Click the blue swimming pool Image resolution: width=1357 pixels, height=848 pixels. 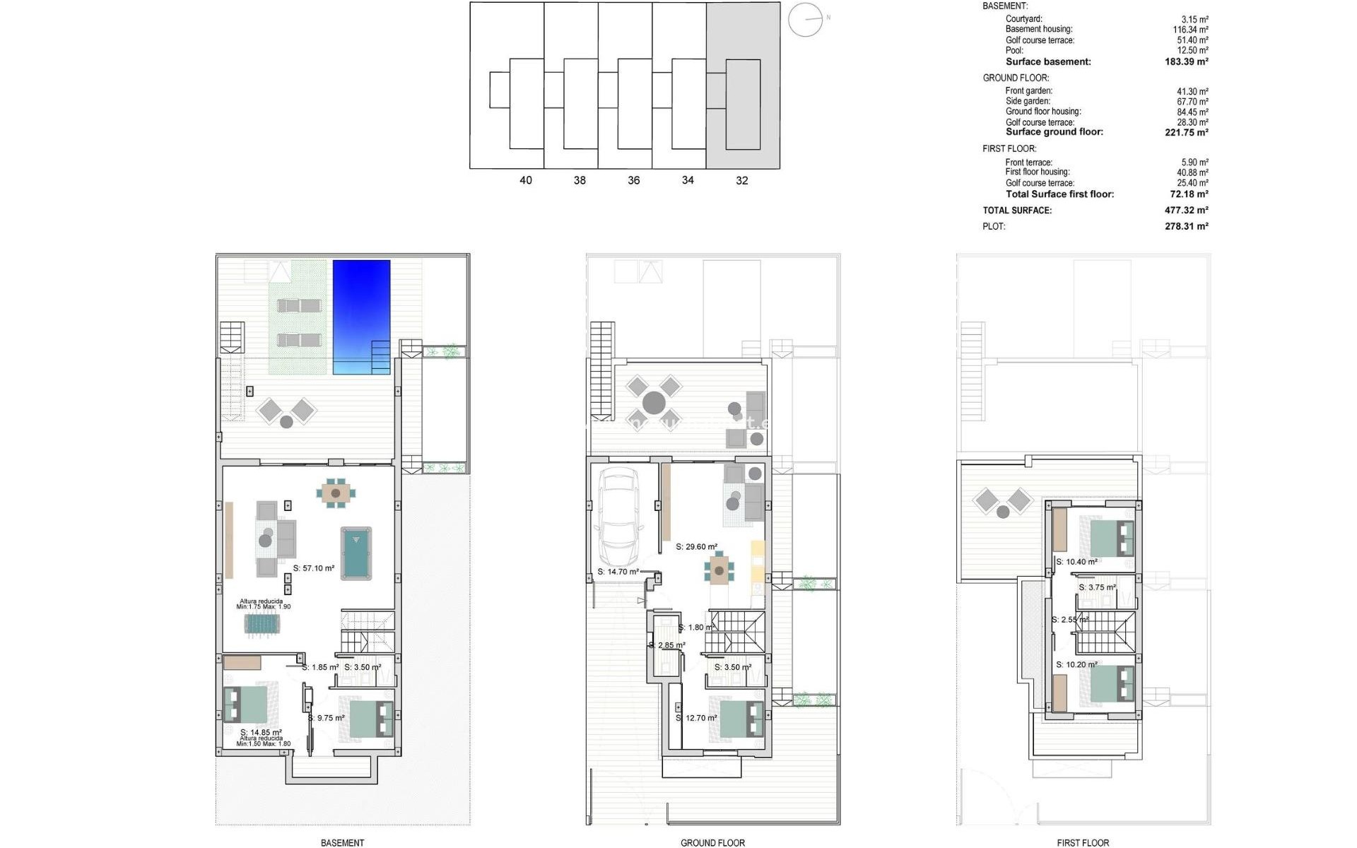tap(361, 317)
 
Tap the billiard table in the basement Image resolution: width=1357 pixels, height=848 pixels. tap(356, 553)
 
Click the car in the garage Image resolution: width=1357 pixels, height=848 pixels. tap(618, 518)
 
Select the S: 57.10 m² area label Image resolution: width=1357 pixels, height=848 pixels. tap(314, 568)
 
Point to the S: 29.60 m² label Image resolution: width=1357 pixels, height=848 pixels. tap(696, 547)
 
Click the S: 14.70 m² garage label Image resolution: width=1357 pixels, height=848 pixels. tap(618, 572)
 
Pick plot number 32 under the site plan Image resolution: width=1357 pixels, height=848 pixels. tap(741, 181)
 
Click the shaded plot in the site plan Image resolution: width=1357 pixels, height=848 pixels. tap(743, 85)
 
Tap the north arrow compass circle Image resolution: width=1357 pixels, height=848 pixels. tap(805, 20)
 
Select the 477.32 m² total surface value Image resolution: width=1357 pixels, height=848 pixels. tap(1186, 211)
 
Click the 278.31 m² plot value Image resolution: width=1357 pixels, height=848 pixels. tap(1186, 227)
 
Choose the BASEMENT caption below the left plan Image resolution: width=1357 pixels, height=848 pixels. tap(342, 842)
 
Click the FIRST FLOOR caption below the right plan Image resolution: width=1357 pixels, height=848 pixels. tap(1083, 842)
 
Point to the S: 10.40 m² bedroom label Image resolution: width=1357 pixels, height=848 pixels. tap(1076, 563)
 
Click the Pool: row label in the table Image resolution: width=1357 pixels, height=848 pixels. tap(1014, 51)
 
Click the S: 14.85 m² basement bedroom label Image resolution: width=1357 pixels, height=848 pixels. tap(261, 733)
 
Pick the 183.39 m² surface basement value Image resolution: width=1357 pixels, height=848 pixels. tap(1186, 62)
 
